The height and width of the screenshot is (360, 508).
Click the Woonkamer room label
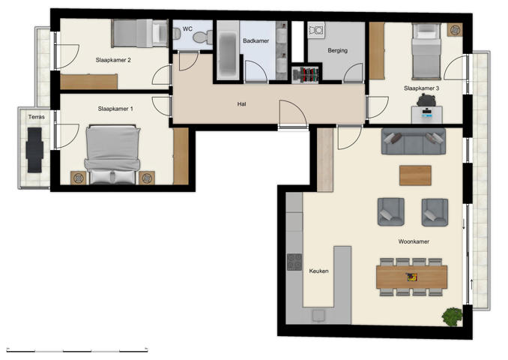click(x=414, y=241)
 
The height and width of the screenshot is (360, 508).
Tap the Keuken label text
click(x=318, y=271)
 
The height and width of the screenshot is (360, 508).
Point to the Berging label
click(x=338, y=52)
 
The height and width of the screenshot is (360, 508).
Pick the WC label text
click(x=187, y=29)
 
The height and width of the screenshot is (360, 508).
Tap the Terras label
click(x=36, y=118)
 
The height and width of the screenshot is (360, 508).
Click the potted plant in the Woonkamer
click(x=452, y=316)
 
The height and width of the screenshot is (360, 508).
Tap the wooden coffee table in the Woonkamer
click(x=415, y=175)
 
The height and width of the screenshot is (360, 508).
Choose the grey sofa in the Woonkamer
click(x=413, y=141)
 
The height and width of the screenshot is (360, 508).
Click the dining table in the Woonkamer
click(x=412, y=277)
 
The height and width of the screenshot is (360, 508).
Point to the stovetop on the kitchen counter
click(x=294, y=263)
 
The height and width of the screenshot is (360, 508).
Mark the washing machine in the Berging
click(x=316, y=31)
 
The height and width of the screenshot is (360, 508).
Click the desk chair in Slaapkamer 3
click(x=427, y=100)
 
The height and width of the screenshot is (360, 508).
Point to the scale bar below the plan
click(x=76, y=349)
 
